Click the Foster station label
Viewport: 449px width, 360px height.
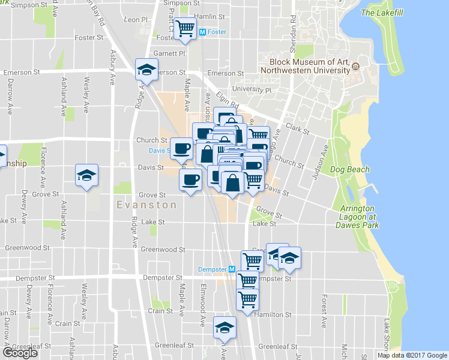pyautogui.click(x=217, y=32)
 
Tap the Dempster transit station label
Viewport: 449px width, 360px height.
pyautogui.click(x=211, y=269)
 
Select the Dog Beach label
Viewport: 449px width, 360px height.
pyautogui.click(x=352, y=170)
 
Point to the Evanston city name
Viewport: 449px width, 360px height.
pyautogui.click(x=147, y=205)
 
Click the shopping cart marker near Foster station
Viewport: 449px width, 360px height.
pyautogui.click(x=185, y=28)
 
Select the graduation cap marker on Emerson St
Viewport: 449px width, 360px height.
pyautogui.click(x=145, y=70)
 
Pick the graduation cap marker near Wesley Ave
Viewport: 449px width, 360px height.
pyautogui.click(x=86, y=175)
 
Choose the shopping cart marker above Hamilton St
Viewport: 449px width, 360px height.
pyautogui.click(x=247, y=298)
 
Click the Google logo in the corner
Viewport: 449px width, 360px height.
pyautogui.click(x=20, y=353)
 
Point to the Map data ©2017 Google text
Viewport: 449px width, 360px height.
pyautogui.click(x=412, y=355)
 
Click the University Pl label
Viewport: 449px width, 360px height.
pyautogui.click(x=252, y=89)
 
